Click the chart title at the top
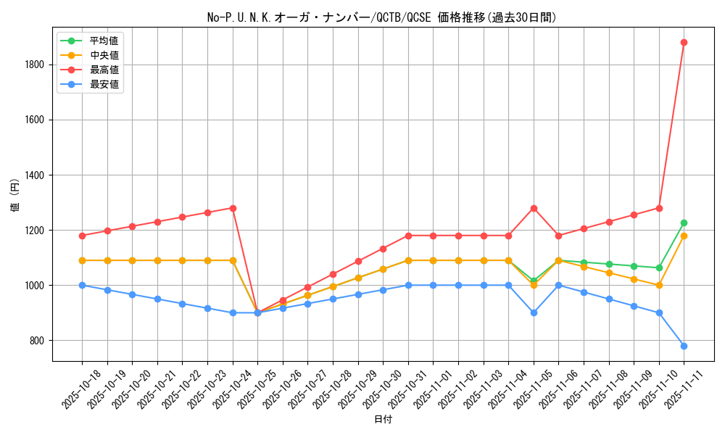click(382, 17)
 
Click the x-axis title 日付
click(383, 420)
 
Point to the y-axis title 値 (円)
click(15, 196)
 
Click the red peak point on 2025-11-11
click(684, 42)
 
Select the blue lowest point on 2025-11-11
click(684, 346)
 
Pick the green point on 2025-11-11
click(684, 223)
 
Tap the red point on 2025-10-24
click(233, 208)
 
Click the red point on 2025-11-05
click(534, 208)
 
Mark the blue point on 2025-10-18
click(82, 285)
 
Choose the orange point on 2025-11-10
click(659, 285)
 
